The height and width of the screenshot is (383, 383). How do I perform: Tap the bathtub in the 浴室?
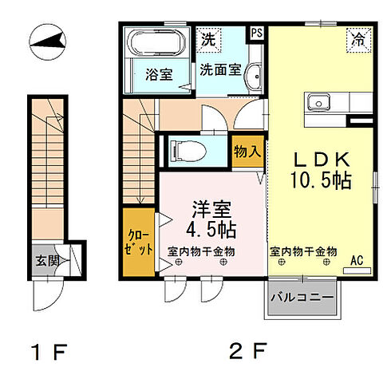[156, 43]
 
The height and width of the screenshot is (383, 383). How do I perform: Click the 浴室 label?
[159, 75]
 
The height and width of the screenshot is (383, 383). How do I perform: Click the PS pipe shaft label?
[257, 34]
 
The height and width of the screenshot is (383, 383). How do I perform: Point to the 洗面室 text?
[220, 69]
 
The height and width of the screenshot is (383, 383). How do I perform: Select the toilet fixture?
[188, 148]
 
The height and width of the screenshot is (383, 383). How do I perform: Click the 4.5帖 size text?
[211, 231]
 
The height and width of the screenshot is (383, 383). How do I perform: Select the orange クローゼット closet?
[139, 242]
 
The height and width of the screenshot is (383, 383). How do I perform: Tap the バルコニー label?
[302, 299]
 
